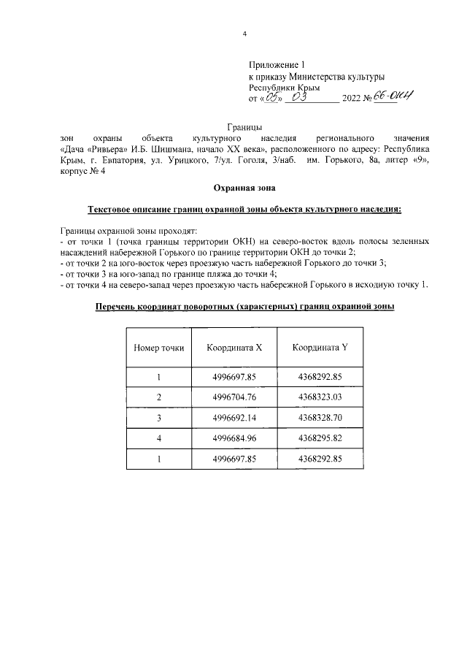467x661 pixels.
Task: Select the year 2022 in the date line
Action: (352, 99)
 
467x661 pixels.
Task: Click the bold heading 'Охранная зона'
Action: (244, 188)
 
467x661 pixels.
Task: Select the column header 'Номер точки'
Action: (158, 348)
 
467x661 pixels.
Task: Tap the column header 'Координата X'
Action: (233, 348)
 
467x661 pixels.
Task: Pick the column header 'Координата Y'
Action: (320, 348)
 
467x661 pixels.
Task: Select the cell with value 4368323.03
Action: (320, 397)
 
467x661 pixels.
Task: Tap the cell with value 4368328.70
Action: (320, 418)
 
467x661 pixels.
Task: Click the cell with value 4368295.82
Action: (320, 438)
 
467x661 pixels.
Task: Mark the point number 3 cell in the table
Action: (158, 418)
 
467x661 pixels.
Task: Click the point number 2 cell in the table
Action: (158, 397)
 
